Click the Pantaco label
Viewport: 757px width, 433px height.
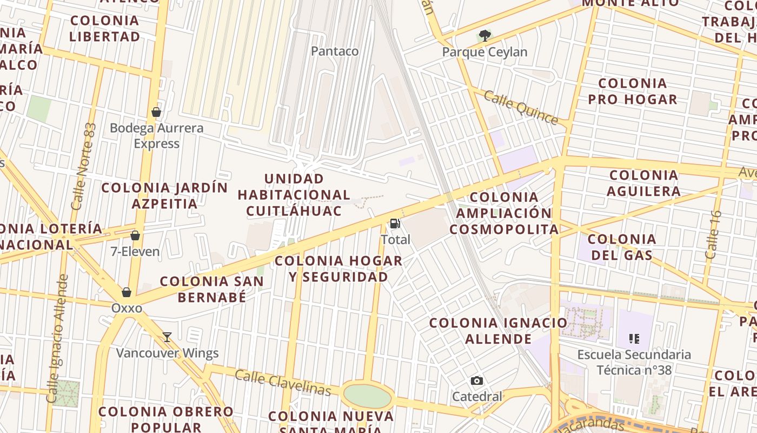tap(335, 51)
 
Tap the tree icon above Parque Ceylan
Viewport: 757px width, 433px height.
tap(485, 36)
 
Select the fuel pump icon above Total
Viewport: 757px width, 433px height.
tap(395, 223)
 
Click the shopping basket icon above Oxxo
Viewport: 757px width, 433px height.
tap(127, 292)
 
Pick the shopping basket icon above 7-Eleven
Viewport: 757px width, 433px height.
tap(135, 235)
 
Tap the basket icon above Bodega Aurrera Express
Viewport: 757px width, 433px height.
tap(156, 112)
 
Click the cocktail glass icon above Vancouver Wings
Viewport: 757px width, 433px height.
tap(167, 337)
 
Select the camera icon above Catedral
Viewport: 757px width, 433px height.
tap(476, 380)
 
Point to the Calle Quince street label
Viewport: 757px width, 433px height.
tap(520, 107)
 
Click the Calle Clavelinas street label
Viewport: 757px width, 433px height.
tap(283, 382)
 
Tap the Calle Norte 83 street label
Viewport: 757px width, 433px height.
tap(84, 167)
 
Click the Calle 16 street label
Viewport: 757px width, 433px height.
tap(714, 234)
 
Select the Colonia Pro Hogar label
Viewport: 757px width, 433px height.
tap(633, 91)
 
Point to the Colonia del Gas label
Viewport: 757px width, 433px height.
tap(621, 247)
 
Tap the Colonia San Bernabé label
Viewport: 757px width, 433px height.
tap(212, 289)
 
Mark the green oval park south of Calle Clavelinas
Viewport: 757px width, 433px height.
tap(368, 397)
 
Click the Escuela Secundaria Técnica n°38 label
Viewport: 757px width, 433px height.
tap(634, 362)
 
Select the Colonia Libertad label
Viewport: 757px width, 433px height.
tap(105, 29)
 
